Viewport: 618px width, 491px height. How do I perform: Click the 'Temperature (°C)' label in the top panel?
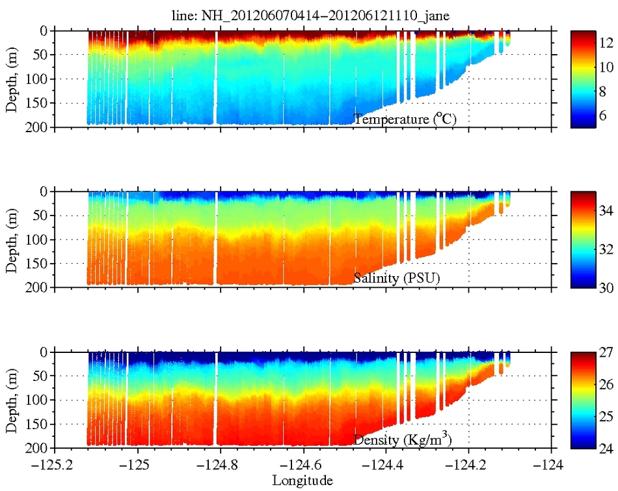410,119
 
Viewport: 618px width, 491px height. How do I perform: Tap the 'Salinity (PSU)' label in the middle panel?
397,278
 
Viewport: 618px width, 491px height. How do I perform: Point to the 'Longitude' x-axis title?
302,481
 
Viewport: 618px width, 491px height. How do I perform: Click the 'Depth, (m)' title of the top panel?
12,79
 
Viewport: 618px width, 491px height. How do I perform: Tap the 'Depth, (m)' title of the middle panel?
12,239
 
